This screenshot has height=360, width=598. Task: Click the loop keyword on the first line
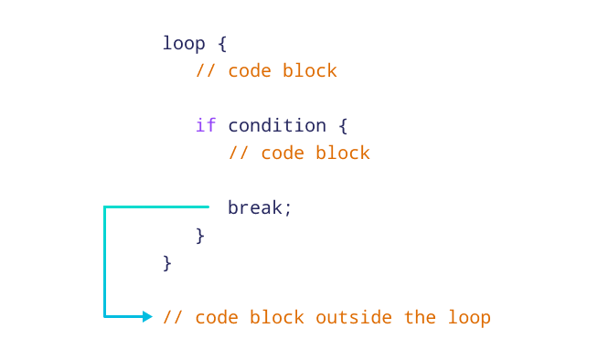(x=184, y=44)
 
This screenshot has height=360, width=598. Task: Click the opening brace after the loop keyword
(x=222, y=44)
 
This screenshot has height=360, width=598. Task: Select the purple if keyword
(x=206, y=125)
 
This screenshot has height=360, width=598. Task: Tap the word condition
(x=276, y=125)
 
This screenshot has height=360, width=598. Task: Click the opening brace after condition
(x=343, y=125)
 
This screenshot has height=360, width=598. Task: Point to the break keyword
(x=260, y=207)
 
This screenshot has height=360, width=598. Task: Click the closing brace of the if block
(x=200, y=235)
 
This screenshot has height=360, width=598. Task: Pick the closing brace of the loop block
(x=167, y=262)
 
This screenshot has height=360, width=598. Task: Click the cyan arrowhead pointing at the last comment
(x=147, y=317)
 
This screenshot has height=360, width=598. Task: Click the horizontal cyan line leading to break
(x=156, y=207)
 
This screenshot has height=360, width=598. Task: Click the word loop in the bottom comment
(x=469, y=317)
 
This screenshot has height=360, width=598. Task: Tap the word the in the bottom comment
(x=420, y=317)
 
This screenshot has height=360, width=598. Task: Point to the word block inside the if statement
(x=343, y=153)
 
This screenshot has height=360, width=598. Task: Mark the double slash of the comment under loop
(x=206, y=70)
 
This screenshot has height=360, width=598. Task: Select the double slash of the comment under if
(x=239, y=153)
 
